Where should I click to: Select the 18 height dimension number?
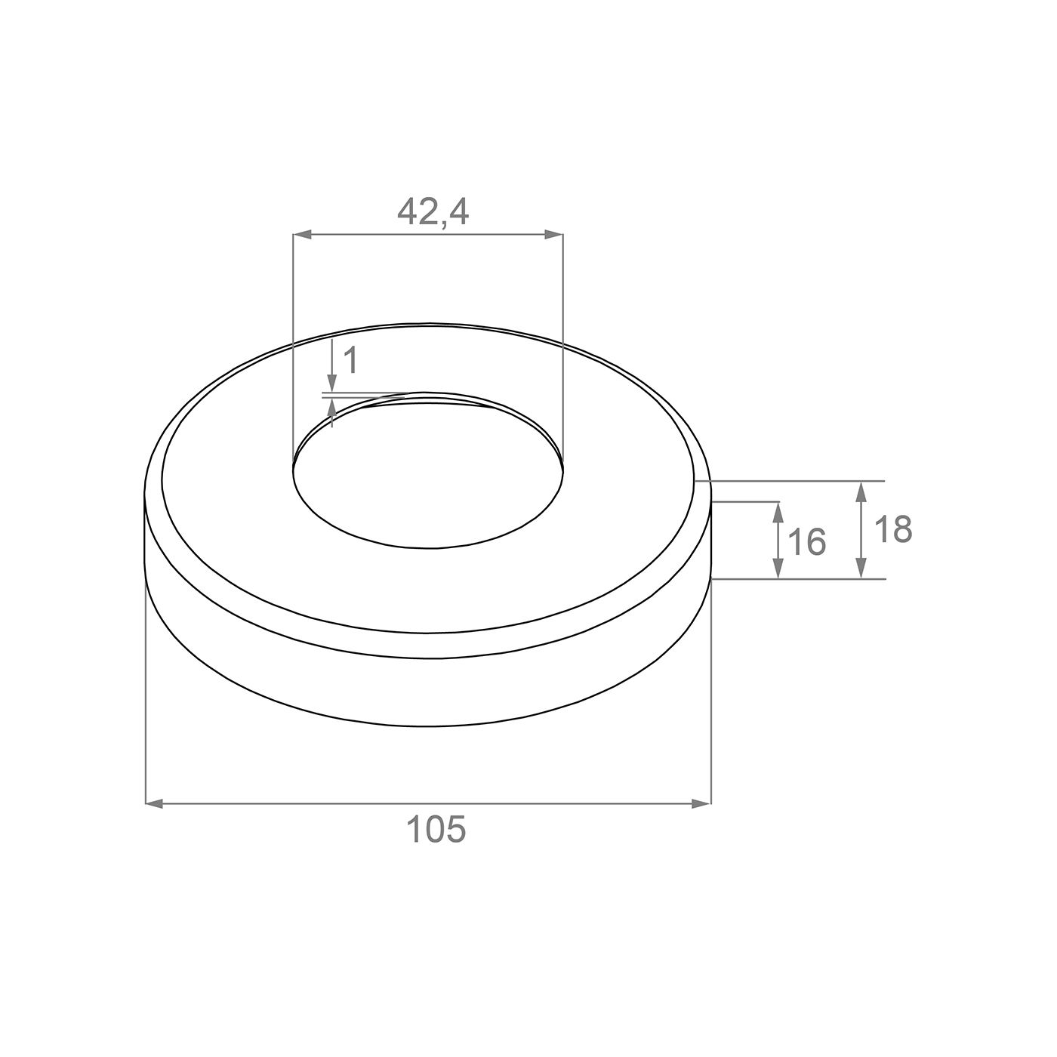(893, 529)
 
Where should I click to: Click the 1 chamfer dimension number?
(350, 360)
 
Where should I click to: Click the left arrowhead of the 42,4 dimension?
(302, 235)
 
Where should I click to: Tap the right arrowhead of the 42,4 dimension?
(553, 235)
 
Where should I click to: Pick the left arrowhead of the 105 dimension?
(155, 803)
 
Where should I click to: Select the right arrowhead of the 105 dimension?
(701, 803)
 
